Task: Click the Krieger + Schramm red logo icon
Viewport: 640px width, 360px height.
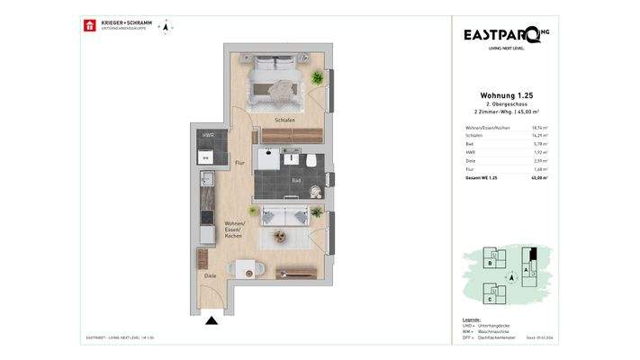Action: pos(89,25)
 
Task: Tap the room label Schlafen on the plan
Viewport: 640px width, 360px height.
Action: pos(285,120)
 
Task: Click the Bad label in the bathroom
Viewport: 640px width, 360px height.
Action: pos(296,180)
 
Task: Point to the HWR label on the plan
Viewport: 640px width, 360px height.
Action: pos(208,136)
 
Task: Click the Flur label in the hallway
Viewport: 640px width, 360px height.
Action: pos(239,163)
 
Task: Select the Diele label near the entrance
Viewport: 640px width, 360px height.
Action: pos(210,275)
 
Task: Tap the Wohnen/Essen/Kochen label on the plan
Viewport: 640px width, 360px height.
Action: pos(237,229)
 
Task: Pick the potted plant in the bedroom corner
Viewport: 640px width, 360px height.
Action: pos(316,79)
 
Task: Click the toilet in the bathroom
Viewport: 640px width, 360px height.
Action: pos(308,160)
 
